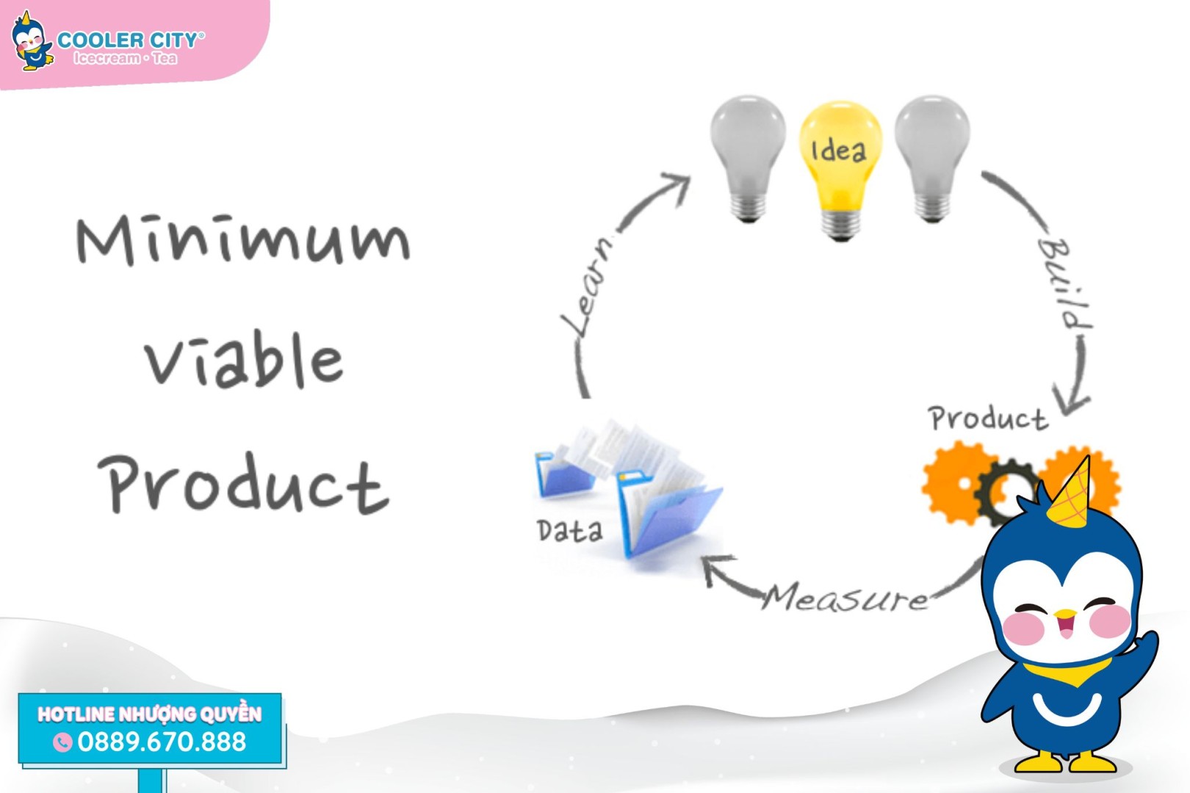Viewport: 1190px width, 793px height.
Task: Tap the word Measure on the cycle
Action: click(845, 597)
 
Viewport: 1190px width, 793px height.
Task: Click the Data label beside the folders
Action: click(569, 530)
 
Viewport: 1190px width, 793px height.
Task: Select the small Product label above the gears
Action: click(988, 418)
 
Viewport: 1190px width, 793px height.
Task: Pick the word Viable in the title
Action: click(244, 359)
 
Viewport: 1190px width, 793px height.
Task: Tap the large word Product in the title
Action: click(244, 485)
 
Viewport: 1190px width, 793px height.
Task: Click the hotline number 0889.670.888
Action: click(162, 742)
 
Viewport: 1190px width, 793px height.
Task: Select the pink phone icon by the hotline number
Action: click(62, 742)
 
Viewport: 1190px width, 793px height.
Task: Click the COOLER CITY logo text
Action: click(130, 40)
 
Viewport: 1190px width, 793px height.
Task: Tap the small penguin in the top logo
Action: click(32, 41)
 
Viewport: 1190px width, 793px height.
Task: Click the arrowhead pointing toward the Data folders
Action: click(717, 568)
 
